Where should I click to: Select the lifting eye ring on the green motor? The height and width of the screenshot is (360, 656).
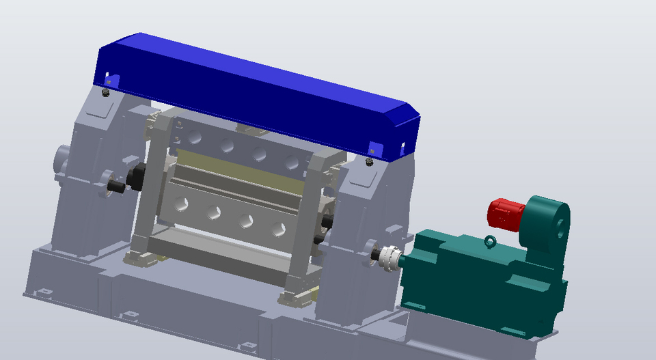click(490, 241)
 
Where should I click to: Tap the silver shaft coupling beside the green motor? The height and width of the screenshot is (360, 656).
click(390, 257)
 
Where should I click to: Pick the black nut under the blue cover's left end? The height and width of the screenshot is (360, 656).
click(105, 92)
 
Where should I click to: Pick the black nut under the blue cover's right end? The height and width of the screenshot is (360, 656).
click(370, 162)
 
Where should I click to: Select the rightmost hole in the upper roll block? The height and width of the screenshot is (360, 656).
click(292, 162)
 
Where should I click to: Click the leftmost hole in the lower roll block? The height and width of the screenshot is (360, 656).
click(182, 203)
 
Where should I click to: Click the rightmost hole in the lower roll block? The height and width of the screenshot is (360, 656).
click(277, 229)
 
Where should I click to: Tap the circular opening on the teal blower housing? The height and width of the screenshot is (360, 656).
click(562, 225)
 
